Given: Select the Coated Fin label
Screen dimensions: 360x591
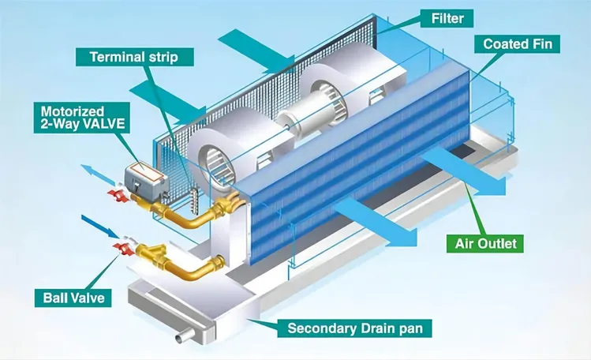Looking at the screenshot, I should pyautogui.click(x=518, y=44).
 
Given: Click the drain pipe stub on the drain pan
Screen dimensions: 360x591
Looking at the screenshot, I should pyautogui.click(x=184, y=336).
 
